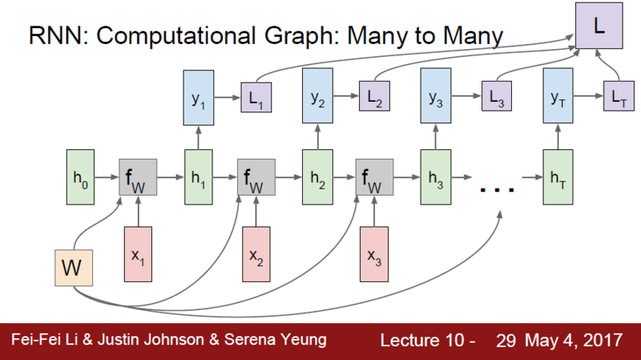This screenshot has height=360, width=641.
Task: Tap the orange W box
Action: pyautogui.click(x=75, y=269)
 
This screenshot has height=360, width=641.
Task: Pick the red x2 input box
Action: pyautogui.click(x=256, y=254)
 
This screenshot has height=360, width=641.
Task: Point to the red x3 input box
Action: pyautogui.click(x=374, y=254)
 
